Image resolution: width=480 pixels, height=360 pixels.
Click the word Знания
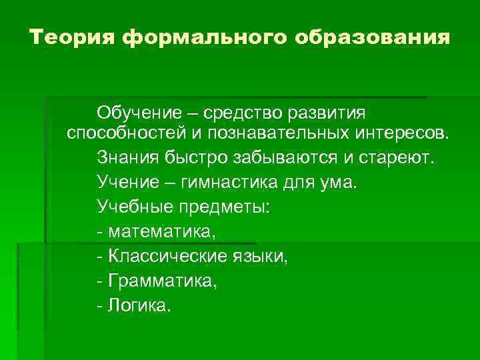coord(123,158)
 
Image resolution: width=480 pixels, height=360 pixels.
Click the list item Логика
coord(139,305)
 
